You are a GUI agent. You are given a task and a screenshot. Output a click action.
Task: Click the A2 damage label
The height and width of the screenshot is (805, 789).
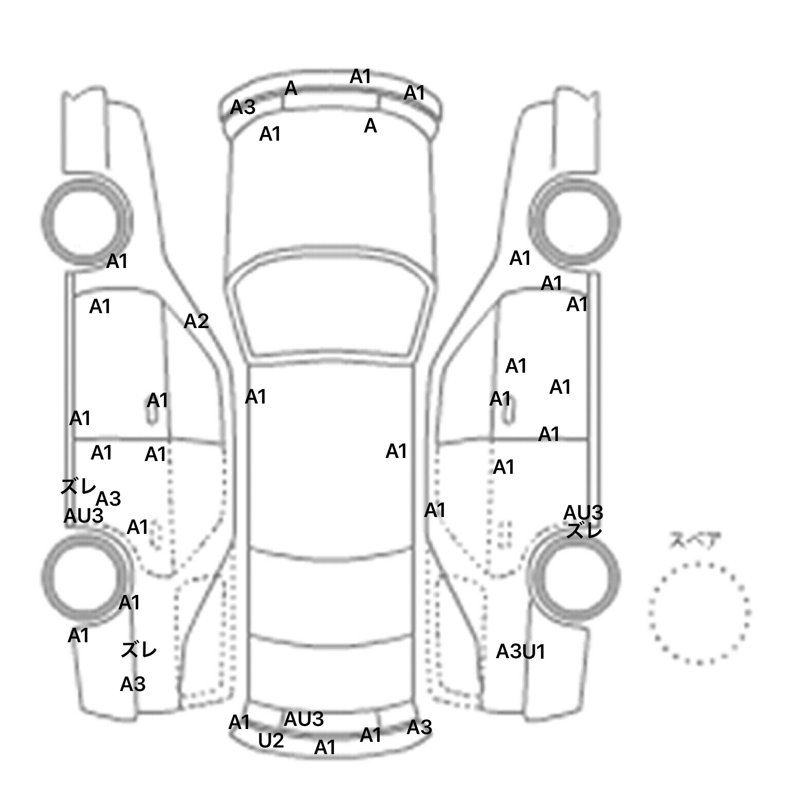(196, 322)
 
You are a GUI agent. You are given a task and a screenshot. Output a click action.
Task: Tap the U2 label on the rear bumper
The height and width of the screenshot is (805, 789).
(271, 741)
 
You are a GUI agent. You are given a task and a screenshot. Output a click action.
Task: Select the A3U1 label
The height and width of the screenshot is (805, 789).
(520, 652)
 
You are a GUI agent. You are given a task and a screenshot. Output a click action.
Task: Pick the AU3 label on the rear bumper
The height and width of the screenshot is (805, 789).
(304, 719)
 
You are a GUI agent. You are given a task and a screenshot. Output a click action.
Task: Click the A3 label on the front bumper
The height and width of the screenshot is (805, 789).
(242, 108)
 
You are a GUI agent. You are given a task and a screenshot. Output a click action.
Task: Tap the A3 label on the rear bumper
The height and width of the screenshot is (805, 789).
(419, 727)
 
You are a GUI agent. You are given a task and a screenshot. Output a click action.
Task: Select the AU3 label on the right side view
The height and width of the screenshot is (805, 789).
(583, 512)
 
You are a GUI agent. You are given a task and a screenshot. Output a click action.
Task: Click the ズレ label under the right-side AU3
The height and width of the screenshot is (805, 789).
(584, 531)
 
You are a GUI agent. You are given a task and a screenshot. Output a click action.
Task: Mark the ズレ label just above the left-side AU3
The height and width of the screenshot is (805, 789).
(78, 486)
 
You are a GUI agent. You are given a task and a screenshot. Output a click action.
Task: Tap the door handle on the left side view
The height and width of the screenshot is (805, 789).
(153, 411)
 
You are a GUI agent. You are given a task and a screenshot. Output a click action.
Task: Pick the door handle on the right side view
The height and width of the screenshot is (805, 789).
(508, 411)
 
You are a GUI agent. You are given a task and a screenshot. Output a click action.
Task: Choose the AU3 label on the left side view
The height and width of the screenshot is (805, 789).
(83, 516)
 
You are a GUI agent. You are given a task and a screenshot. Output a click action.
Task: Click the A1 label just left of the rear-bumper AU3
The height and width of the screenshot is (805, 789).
(239, 722)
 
